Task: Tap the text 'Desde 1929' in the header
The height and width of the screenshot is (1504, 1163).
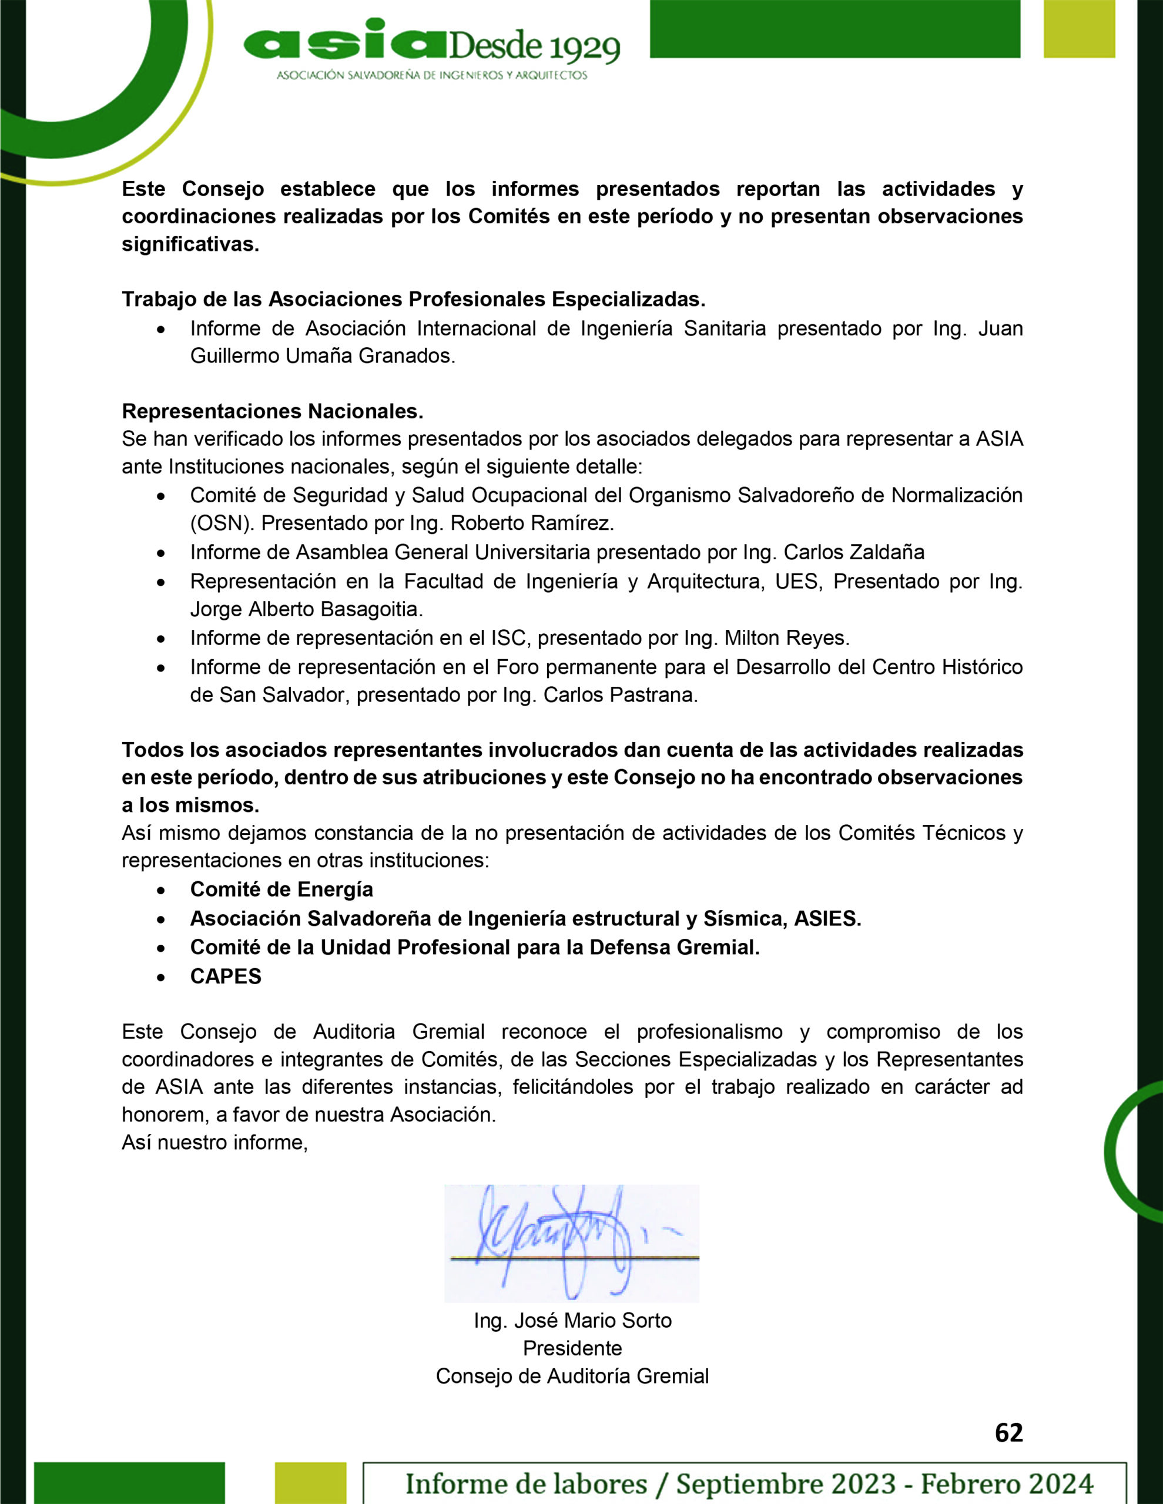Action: [x=535, y=47]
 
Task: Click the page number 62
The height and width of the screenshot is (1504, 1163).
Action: [x=1008, y=1432]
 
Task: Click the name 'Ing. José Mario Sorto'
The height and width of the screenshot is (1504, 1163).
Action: [x=572, y=1320]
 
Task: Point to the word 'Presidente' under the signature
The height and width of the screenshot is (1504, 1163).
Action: [x=572, y=1348]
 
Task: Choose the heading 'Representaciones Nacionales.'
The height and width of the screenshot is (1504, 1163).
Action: [x=272, y=411]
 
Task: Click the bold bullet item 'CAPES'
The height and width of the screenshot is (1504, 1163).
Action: [x=225, y=976]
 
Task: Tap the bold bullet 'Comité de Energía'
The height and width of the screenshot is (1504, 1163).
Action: [x=281, y=889]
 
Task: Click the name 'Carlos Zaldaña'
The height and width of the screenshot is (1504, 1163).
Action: [x=854, y=552]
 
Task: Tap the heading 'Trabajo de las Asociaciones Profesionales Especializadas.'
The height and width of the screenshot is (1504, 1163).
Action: [x=413, y=299]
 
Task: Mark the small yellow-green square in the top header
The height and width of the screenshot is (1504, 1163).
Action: [x=1079, y=28]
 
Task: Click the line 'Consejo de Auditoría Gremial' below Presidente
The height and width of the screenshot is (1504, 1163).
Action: [x=572, y=1376]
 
